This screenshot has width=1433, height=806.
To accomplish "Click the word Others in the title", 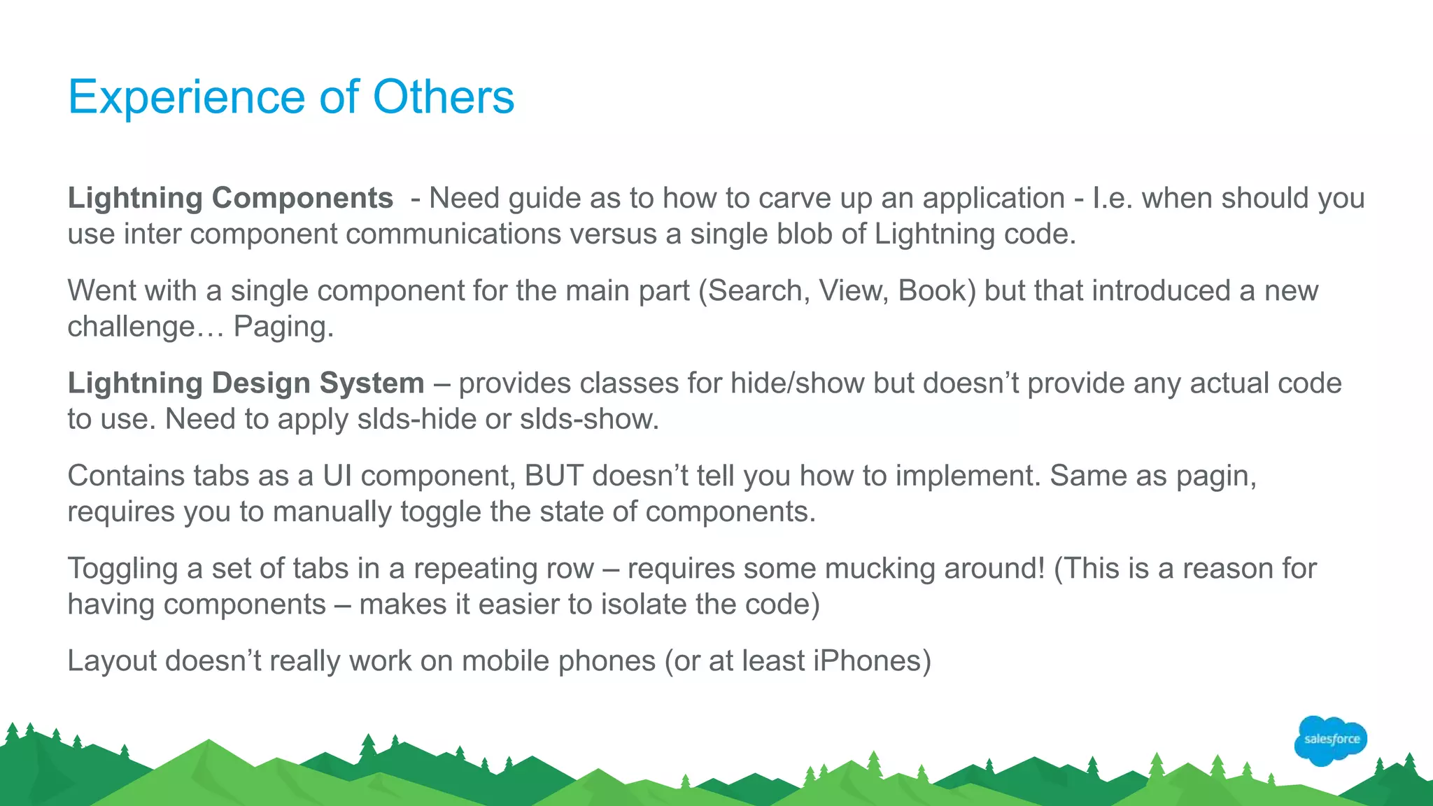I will pos(444,97).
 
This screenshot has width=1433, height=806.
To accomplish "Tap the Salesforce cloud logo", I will pos(1331,740).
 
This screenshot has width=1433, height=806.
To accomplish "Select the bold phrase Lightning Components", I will pos(230,198).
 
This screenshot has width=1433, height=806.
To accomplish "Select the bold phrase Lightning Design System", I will pos(246,383).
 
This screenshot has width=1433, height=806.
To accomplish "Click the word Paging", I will pos(283,327).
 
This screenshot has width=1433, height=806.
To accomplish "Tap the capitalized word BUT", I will pos(553,476).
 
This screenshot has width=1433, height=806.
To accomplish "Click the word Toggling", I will pos(122,568).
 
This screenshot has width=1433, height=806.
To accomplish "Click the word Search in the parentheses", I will pos(754,290).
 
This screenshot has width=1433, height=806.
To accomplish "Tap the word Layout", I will pos(112,660).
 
